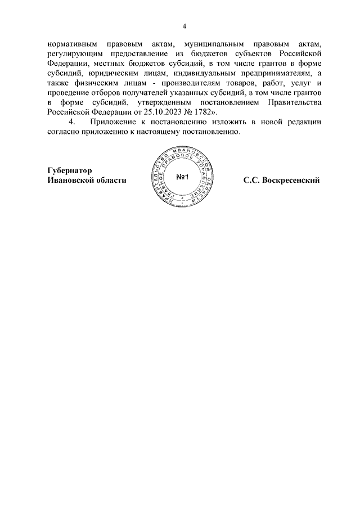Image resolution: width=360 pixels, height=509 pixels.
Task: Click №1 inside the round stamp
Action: click(184, 178)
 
